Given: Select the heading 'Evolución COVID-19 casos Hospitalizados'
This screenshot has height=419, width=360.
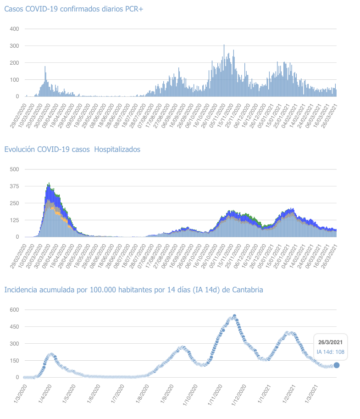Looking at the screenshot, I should click(x=72, y=149).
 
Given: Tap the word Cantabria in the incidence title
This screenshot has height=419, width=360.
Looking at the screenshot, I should click(x=247, y=290).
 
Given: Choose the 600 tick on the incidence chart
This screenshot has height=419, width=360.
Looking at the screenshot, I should click(x=14, y=310).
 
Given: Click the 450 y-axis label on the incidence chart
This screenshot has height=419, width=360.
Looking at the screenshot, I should click(x=14, y=327).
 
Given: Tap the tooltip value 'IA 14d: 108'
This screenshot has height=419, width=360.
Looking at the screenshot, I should click(x=331, y=352).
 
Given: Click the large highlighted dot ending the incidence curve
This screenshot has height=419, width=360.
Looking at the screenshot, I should click(x=337, y=365).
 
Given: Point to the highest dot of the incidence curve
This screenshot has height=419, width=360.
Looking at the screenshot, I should click(x=234, y=316).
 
